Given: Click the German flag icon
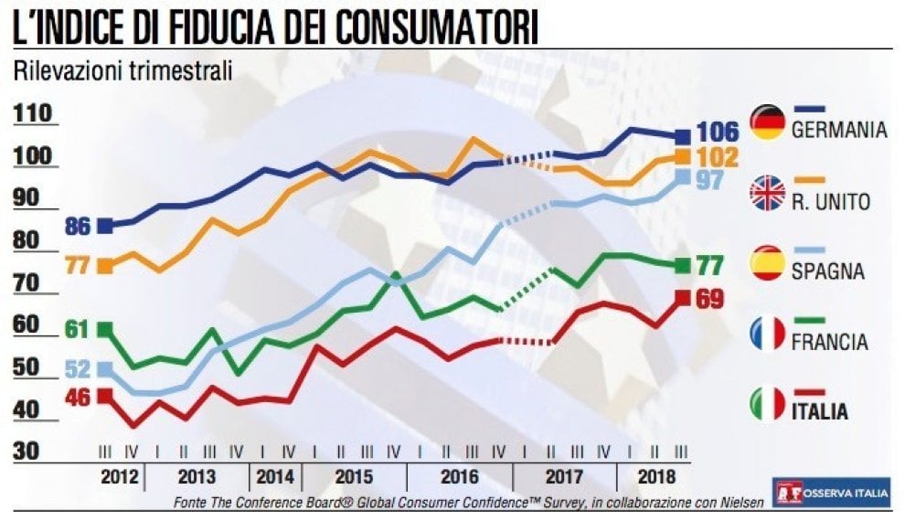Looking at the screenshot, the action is [767, 122].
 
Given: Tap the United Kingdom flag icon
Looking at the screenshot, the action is [767, 193].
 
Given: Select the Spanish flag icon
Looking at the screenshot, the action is [767, 263].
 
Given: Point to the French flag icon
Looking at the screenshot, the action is [767, 334].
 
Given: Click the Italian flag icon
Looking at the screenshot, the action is [767, 404].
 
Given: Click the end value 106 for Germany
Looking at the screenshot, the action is [718, 133].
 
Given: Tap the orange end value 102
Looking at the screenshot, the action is [718, 157].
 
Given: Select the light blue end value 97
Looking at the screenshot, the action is [709, 180].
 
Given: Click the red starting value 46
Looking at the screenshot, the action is [78, 397].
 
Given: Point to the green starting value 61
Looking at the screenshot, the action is [76, 329].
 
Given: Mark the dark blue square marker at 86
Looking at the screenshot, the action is [106, 226].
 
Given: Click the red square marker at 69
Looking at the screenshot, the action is [683, 298].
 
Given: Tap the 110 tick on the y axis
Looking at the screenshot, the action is [33, 113].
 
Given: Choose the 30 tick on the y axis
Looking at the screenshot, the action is [26, 451].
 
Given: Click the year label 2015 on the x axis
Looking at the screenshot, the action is [354, 477].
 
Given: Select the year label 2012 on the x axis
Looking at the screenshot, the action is [120, 477].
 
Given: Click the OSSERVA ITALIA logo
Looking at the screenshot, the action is [832, 493].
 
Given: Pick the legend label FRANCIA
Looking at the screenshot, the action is [829, 342].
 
